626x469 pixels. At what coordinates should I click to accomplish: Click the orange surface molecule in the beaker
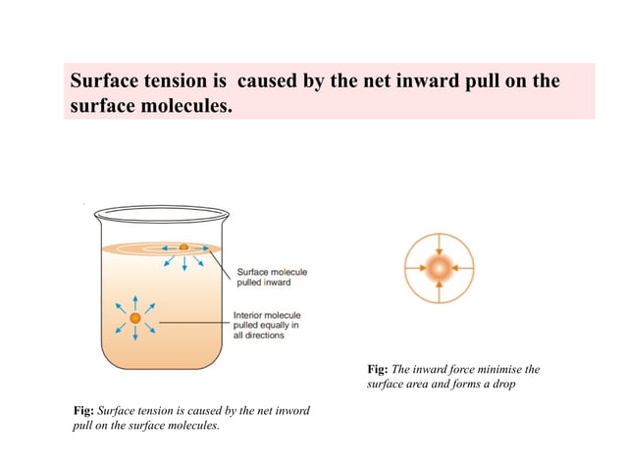click(183, 247)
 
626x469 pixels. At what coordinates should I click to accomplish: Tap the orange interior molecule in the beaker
click(135, 317)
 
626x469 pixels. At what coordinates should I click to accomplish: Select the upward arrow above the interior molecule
click(135, 298)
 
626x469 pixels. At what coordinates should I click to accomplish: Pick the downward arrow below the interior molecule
click(135, 337)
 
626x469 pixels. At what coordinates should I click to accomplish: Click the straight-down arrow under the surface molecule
click(183, 261)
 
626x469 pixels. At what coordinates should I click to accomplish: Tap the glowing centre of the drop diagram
click(439, 268)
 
